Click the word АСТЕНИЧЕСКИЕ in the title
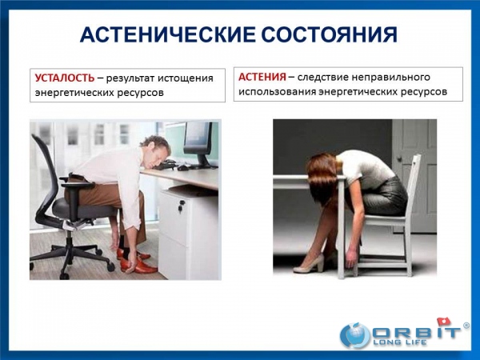pos(167,34)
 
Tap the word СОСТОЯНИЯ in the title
pos(330,34)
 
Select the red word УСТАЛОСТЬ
pos(65,78)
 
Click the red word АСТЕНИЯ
pos(262,77)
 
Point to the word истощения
pos(186,78)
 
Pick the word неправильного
pos(390,77)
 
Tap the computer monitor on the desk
pos(198,144)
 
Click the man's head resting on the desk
pos(155,150)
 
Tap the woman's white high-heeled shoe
pos(309,264)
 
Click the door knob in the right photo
pos(399,158)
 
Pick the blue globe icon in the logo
pos(356,334)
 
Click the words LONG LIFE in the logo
pos(399,342)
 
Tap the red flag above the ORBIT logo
pos(445,322)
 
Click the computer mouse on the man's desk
pos(184,167)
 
